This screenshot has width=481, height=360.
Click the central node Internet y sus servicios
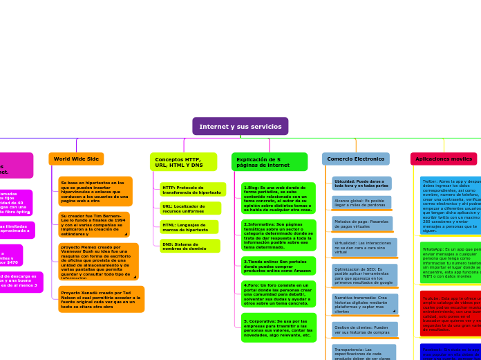(240, 126)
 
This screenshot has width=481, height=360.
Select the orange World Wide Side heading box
(76, 159)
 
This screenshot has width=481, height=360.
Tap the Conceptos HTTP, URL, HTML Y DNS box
(183, 162)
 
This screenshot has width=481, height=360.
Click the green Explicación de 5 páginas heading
(269, 162)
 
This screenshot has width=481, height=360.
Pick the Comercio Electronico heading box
(355, 159)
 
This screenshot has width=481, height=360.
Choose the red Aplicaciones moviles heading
(443, 159)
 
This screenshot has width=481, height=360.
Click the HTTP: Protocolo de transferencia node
(192, 190)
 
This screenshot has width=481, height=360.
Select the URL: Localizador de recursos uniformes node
(190, 208)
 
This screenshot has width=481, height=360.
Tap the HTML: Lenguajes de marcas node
(189, 227)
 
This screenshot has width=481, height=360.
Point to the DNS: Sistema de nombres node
(189, 246)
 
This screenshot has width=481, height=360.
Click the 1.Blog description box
(279, 199)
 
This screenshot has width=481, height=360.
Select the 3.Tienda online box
(279, 266)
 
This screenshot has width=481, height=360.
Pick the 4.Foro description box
(279, 294)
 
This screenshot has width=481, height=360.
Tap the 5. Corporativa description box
(279, 327)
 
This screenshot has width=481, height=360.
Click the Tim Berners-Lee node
(95, 225)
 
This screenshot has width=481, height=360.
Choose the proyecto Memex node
(98, 261)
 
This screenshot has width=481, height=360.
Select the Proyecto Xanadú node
(101, 299)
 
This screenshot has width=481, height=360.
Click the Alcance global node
(361, 203)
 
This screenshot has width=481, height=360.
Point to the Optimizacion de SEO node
(364, 276)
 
